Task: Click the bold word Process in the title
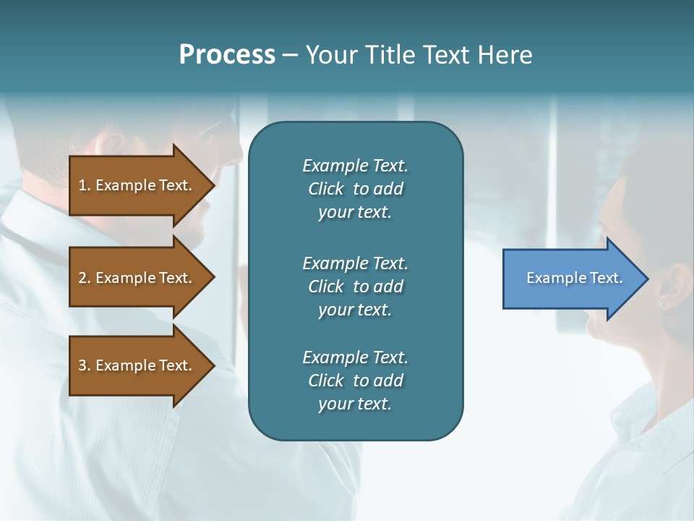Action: click(x=227, y=55)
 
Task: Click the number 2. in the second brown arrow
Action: click(x=85, y=278)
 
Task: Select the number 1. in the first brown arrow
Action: click(x=85, y=185)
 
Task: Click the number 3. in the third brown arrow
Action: click(x=85, y=365)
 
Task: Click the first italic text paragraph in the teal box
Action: click(x=355, y=189)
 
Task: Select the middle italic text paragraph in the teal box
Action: click(x=355, y=287)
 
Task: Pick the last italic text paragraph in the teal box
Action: click(x=355, y=381)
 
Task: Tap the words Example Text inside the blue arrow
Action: click(x=574, y=278)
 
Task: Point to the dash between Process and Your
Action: click(x=290, y=56)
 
